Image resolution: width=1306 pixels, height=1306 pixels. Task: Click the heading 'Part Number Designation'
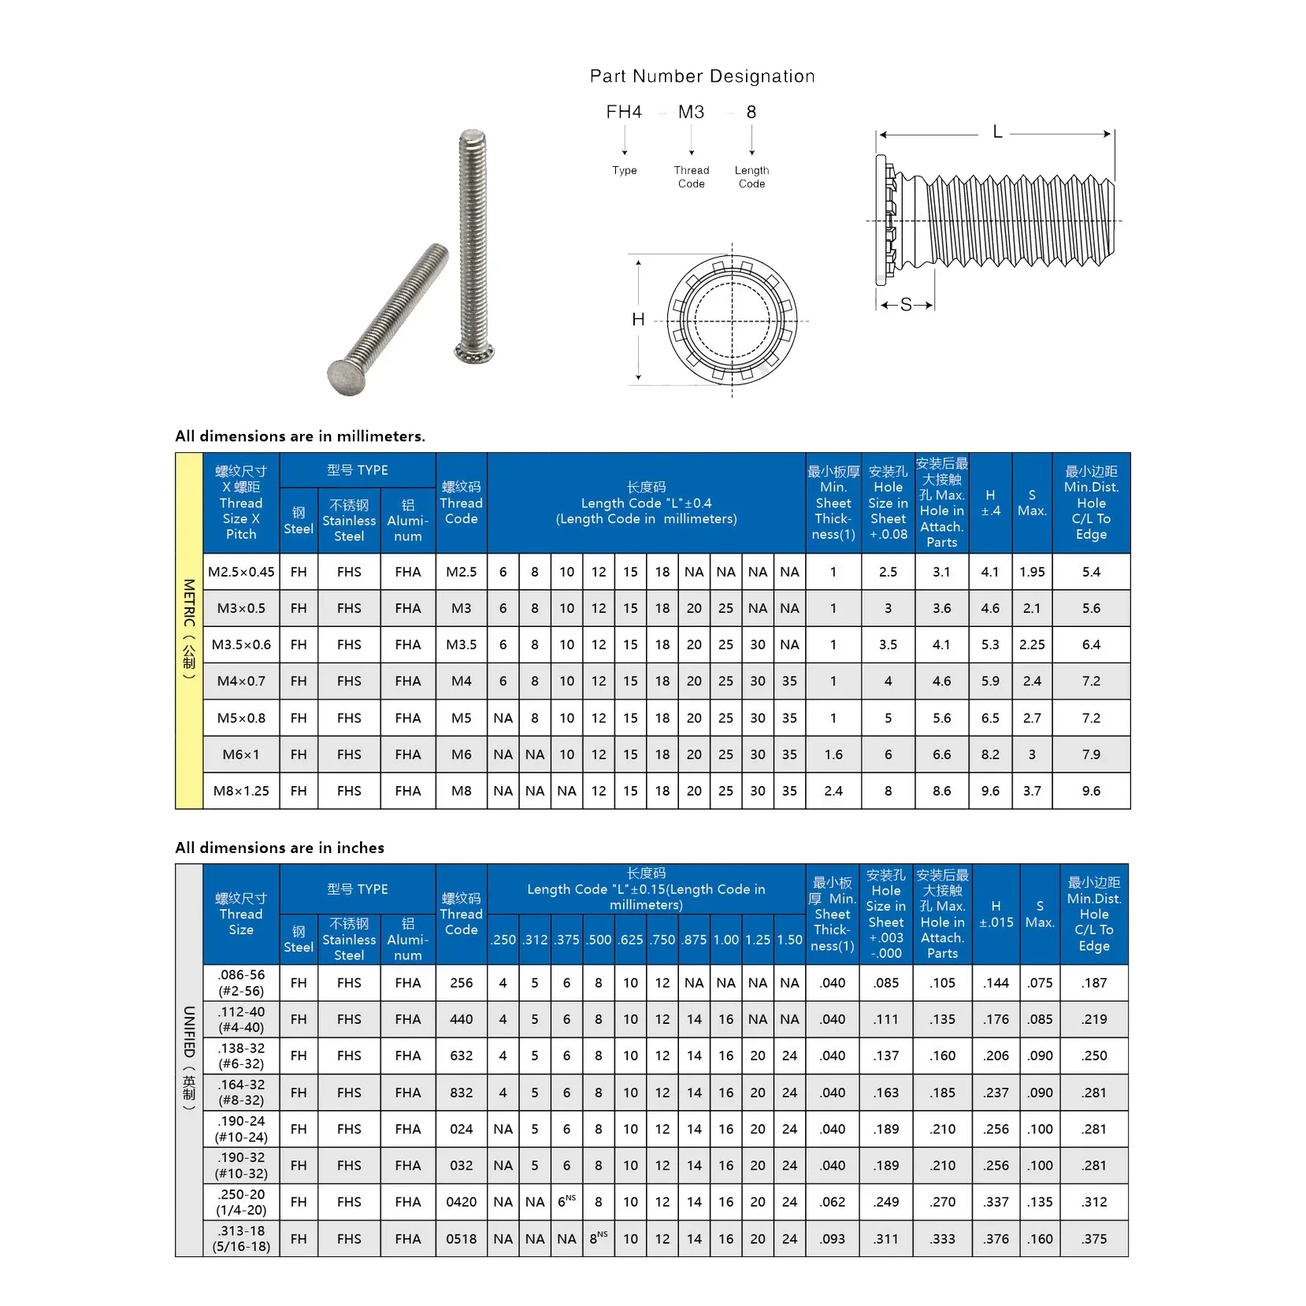[702, 76]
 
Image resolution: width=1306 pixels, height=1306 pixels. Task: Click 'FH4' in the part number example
[624, 112]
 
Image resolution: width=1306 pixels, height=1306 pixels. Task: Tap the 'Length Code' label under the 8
[751, 176]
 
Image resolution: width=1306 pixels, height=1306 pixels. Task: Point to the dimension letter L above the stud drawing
[997, 132]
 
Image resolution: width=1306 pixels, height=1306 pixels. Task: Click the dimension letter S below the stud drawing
[906, 304]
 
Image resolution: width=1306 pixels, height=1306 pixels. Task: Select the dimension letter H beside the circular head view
[638, 319]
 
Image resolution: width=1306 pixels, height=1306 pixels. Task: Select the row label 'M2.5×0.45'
[241, 572]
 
